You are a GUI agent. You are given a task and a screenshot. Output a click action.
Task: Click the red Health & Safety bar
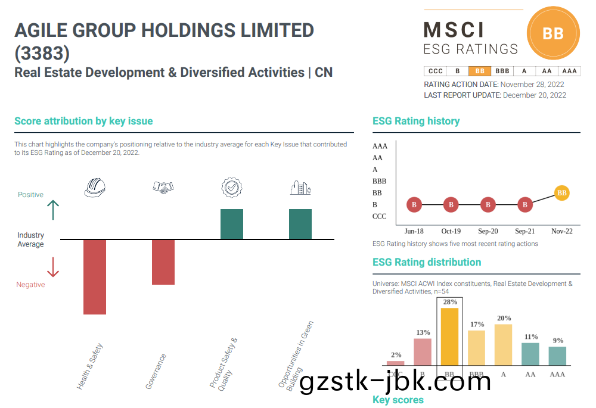(x=95, y=277)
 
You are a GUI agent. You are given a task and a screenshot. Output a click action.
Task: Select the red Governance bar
(x=163, y=262)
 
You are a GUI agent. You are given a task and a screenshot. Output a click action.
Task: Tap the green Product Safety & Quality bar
(x=232, y=224)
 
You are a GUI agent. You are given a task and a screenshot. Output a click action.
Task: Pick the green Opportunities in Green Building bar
(x=300, y=224)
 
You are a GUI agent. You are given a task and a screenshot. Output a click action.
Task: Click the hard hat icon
(x=95, y=188)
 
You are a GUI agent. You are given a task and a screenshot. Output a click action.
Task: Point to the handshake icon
(x=163, y=188)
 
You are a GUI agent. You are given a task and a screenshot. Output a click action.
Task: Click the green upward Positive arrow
(x=53, y=210)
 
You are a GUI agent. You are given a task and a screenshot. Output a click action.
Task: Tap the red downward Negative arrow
(x=53, y=267)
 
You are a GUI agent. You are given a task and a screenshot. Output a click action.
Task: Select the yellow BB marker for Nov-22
(x=561, y=193)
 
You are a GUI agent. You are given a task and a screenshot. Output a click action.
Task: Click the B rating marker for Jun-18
(x=414, y=205)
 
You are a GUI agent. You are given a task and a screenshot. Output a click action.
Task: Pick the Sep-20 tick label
(x=488, y=231)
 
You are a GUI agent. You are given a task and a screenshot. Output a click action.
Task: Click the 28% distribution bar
(x=449, y=337)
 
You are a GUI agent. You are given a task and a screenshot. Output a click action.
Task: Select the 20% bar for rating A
(x=503, y=344)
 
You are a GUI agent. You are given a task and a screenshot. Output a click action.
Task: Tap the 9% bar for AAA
(x=557, y=356)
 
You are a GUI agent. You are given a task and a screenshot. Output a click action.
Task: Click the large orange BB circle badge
(x=553, y=33)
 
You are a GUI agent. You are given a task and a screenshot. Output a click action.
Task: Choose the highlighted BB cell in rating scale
(x=480, y=71)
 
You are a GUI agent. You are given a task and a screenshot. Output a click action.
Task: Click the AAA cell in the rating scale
(x=570, y=71)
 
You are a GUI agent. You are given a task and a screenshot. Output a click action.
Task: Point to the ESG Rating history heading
(x=416, y=121)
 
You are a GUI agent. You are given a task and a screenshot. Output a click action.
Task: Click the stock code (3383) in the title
(x=42, y=54)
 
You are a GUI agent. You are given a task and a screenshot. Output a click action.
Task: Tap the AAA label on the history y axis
(x=380, y=146)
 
